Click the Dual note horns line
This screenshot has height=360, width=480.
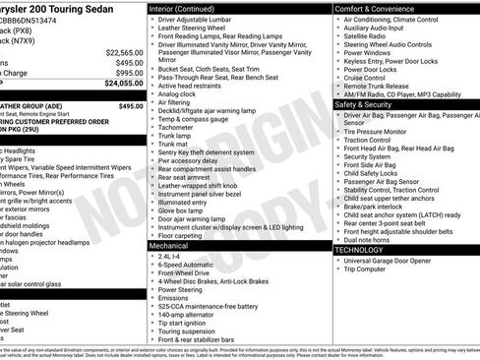[373, 240]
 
